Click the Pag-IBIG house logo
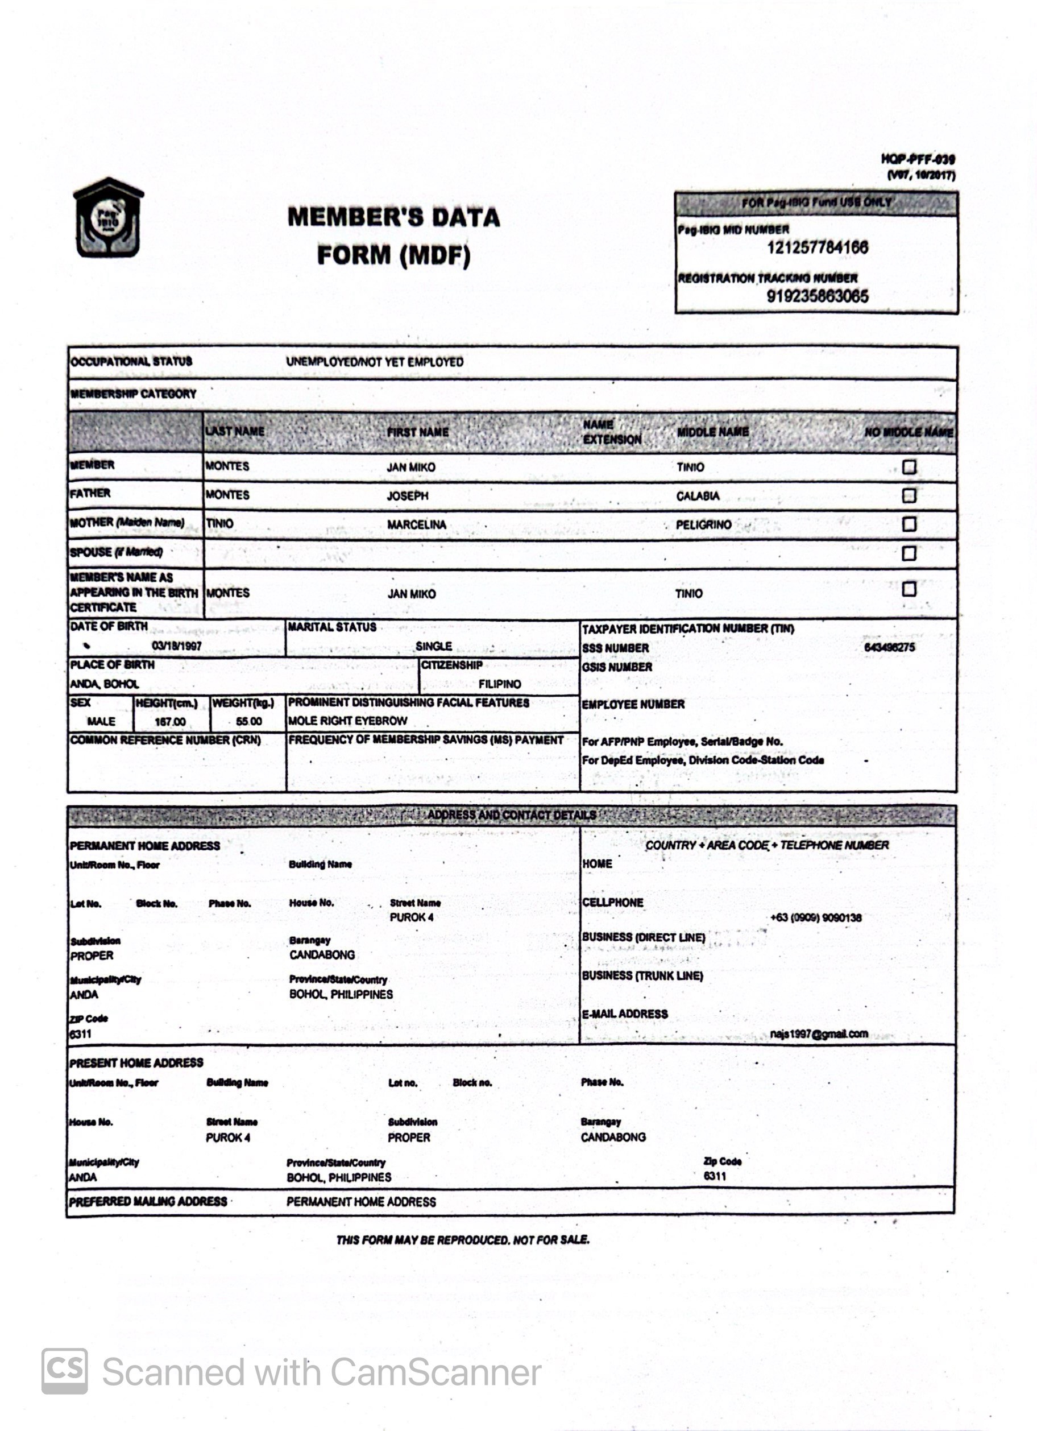pos(109,218)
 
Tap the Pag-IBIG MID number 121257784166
pos(817,247)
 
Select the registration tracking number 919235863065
pos(817,296)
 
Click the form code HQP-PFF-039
pos(918,160)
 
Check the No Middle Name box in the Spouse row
pos(909,553)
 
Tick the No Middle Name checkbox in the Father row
pos(909,495)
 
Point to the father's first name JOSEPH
pos(408,496)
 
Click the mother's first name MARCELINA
pos(416,524)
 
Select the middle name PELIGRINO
pos(703,524)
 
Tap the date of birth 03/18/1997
pos(177,646)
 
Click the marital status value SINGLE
pos(433,646)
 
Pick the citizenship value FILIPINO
pos(500,684)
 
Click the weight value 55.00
pos(248,721)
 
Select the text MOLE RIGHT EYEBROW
pos(347,721)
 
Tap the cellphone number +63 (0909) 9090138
pos(816,917)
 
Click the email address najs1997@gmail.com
pos(819,1033)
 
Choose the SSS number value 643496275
pos(889,647)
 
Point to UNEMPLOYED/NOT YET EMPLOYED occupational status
pos(375,362)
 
